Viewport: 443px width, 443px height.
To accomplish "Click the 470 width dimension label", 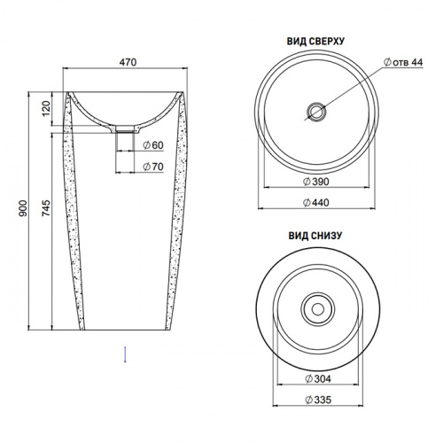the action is pos(128,62).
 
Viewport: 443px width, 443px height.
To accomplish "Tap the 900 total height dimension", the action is pos(23,208).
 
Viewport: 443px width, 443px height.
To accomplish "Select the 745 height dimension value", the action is pos(46,208).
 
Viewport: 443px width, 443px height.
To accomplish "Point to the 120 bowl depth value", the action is pos(46,108).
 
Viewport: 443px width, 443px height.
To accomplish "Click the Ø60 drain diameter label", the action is pos(153,145).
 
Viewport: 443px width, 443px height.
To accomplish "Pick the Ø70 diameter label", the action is pos(153,167).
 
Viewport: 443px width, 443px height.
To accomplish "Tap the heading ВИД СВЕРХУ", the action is pos(315,42).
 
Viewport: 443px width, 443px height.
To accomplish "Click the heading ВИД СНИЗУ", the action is pos(315,236).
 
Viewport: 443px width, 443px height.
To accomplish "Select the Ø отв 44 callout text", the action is pos(403,62).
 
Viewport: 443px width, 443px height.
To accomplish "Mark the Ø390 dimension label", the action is pos(316,182).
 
